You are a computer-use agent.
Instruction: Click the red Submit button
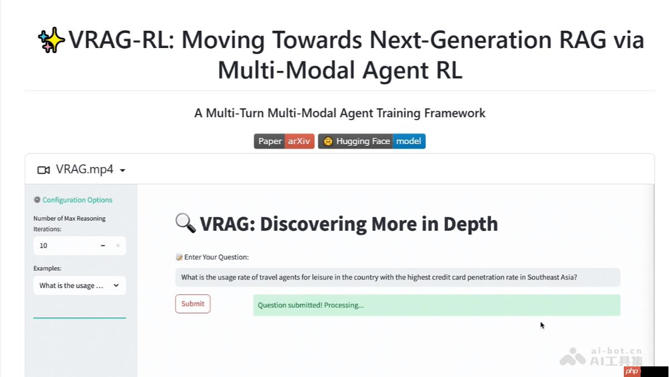point(193,304)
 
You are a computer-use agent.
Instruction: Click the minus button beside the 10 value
point(103,246)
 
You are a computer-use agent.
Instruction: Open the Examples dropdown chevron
point(116,285)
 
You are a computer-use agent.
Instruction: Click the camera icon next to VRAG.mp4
point(43,170)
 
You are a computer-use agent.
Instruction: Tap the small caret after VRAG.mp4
point(123,170)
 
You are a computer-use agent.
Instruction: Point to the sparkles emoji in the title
point(51,41)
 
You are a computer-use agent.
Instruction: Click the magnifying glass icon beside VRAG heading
point(185,223)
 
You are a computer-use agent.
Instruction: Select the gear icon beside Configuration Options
point(37,200)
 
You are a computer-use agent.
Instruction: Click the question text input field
point(397,277)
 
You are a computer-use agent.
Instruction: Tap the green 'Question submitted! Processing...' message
point(436,305)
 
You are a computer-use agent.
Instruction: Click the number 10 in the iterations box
point(43,246)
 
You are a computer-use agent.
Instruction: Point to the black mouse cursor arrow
point(542,325)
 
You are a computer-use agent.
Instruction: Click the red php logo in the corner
point(632,371)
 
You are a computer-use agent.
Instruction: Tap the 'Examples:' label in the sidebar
point(47,268)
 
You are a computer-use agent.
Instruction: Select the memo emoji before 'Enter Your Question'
point(179,257)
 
